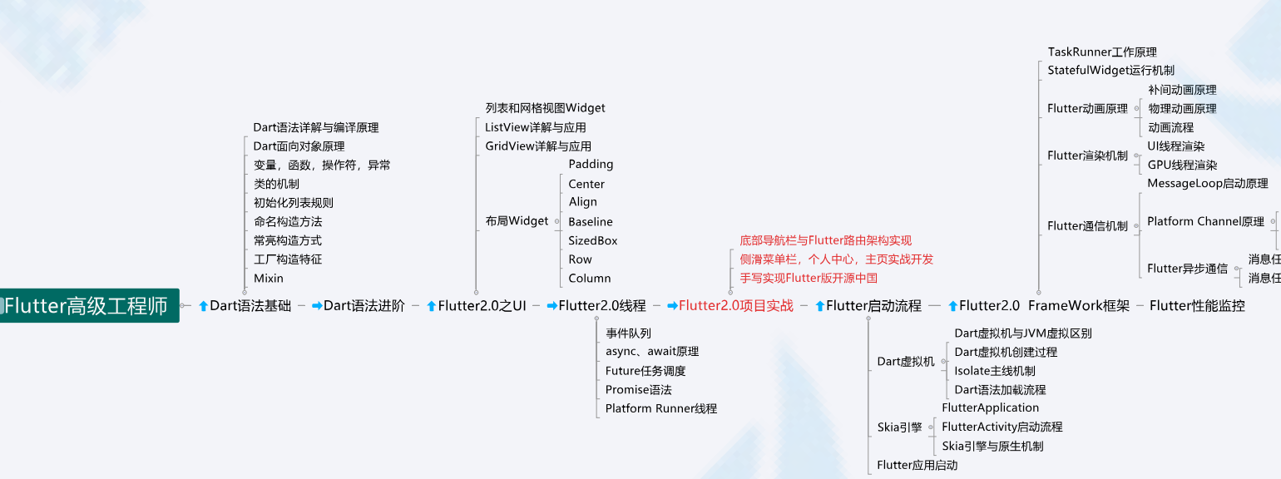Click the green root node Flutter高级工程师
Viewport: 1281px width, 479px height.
[x=87, y=305]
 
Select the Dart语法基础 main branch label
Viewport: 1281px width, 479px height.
[x=250, y=305]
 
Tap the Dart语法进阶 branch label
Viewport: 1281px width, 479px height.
[x=364, y=305]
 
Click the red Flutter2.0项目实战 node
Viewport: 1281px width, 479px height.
[x=735, y=305]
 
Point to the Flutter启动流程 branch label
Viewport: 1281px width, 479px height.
[x=873, y=305]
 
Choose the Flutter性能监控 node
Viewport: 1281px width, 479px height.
[x=1197, y=305]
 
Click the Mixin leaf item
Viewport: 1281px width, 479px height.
[x=269, y=278]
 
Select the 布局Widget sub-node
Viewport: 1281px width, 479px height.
[x=517, y=220]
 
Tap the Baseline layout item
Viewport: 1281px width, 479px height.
[x=591, y=221]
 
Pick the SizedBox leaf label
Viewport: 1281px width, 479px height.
[x=593, y=240]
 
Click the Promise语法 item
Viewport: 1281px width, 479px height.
[x=638, y=389]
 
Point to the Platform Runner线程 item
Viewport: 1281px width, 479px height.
[x=660, y=408]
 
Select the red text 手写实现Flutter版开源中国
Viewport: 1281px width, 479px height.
[x=809, y=278]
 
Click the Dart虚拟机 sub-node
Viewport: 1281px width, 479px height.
[x=906, y=361]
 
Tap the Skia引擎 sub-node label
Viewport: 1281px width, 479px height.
[x=899, y=427]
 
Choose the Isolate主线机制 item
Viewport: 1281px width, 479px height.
[x=994, y=371]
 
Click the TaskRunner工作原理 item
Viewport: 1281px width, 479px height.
[x=1101, y=52]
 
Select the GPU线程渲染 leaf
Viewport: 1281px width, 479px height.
[x=1182, y=165]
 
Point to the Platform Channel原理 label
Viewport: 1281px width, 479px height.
[x=1205, y=221]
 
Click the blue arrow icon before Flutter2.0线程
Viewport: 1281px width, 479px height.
[x=551, y=306]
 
